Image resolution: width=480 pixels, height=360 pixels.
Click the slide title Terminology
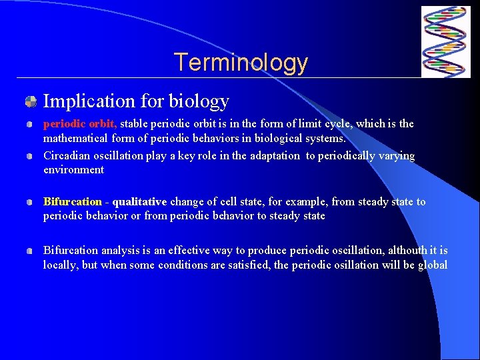click(241, 63)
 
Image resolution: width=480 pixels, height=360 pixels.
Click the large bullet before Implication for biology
click(31, 102)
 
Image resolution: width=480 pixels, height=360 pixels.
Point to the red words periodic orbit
click(80, 123)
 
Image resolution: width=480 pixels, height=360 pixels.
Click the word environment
click(73, 170)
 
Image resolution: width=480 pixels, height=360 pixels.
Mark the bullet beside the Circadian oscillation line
click(31, 156)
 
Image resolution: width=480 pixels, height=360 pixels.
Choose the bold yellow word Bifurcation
click(72, 202)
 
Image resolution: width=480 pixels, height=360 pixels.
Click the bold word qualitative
click(139, 202)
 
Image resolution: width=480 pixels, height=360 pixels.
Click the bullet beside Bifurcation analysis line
click(31, 251)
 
